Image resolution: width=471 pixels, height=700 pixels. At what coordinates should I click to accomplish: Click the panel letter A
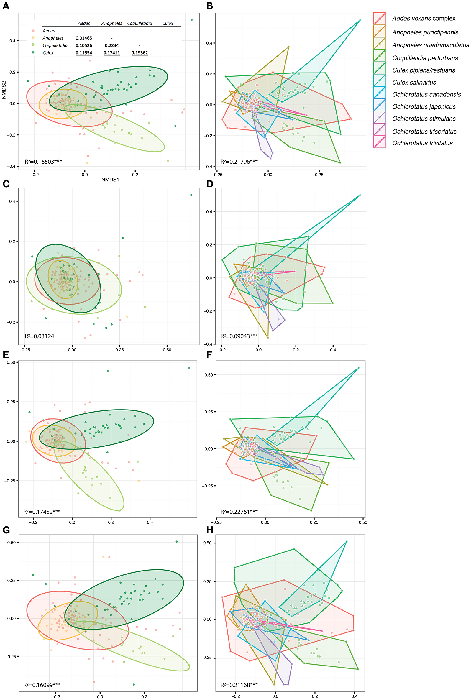coord(6,6)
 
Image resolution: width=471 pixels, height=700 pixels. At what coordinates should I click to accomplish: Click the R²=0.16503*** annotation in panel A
coord(43,162)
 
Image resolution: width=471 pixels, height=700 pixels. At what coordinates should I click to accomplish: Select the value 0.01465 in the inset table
coord(84,38)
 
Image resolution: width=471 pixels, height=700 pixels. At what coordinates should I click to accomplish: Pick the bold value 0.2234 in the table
coord(112,45)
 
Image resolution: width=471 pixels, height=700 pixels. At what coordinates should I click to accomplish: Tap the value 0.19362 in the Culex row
coord(140,53)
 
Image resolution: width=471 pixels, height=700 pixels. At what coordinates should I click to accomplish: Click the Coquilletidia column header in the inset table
coord(140,23)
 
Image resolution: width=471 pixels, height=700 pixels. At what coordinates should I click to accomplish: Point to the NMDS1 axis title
coord(110,180)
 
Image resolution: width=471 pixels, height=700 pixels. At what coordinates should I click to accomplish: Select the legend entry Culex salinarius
coord(414,82)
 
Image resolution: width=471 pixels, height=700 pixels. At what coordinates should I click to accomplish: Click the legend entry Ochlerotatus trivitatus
coord(422,143)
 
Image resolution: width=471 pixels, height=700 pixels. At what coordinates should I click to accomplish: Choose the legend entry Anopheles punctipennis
coord(425,32)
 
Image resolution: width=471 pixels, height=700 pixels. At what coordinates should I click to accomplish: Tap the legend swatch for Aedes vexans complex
coord(380,19)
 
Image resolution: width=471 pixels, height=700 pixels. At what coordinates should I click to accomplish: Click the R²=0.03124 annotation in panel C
coord(39,336)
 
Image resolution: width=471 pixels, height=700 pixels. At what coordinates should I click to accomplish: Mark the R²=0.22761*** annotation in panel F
coord(239,512)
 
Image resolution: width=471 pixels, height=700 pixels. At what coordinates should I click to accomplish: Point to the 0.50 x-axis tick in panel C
coord(167,350)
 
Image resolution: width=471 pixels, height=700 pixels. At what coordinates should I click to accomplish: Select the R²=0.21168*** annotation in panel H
coord(239,685)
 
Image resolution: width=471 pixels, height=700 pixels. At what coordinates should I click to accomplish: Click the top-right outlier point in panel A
coord(192,20)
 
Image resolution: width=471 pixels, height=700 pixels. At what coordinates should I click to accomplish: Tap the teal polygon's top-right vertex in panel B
coord(360,20)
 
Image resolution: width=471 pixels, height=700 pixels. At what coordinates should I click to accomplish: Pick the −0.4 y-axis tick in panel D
coord(209,344)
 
